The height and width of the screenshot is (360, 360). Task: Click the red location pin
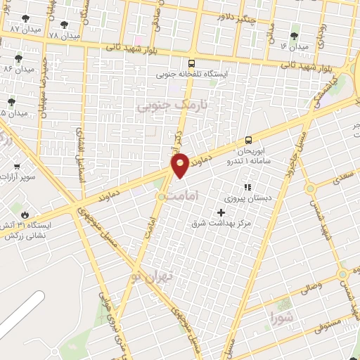coord(180,165)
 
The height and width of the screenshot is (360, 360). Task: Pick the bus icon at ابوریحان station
coord(247,140)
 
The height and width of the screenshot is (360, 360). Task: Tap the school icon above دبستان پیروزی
coord(247,187)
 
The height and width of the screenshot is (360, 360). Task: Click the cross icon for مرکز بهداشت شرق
coord(221,212)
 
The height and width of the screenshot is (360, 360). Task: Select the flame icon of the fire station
coord(26,214)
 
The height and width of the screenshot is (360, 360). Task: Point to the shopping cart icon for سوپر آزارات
coord(16,167)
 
